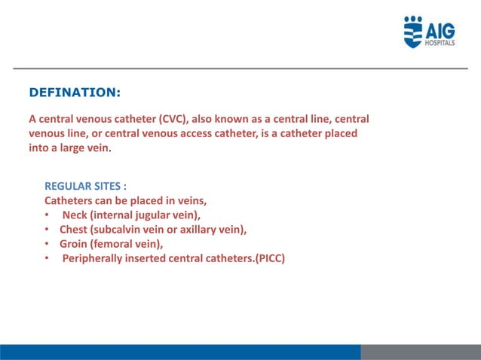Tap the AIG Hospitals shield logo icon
click(x=414, y=32)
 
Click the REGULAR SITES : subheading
click(x=85, y=187)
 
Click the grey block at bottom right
click(x=420, y=352)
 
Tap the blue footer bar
click(x=180, y=352)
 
